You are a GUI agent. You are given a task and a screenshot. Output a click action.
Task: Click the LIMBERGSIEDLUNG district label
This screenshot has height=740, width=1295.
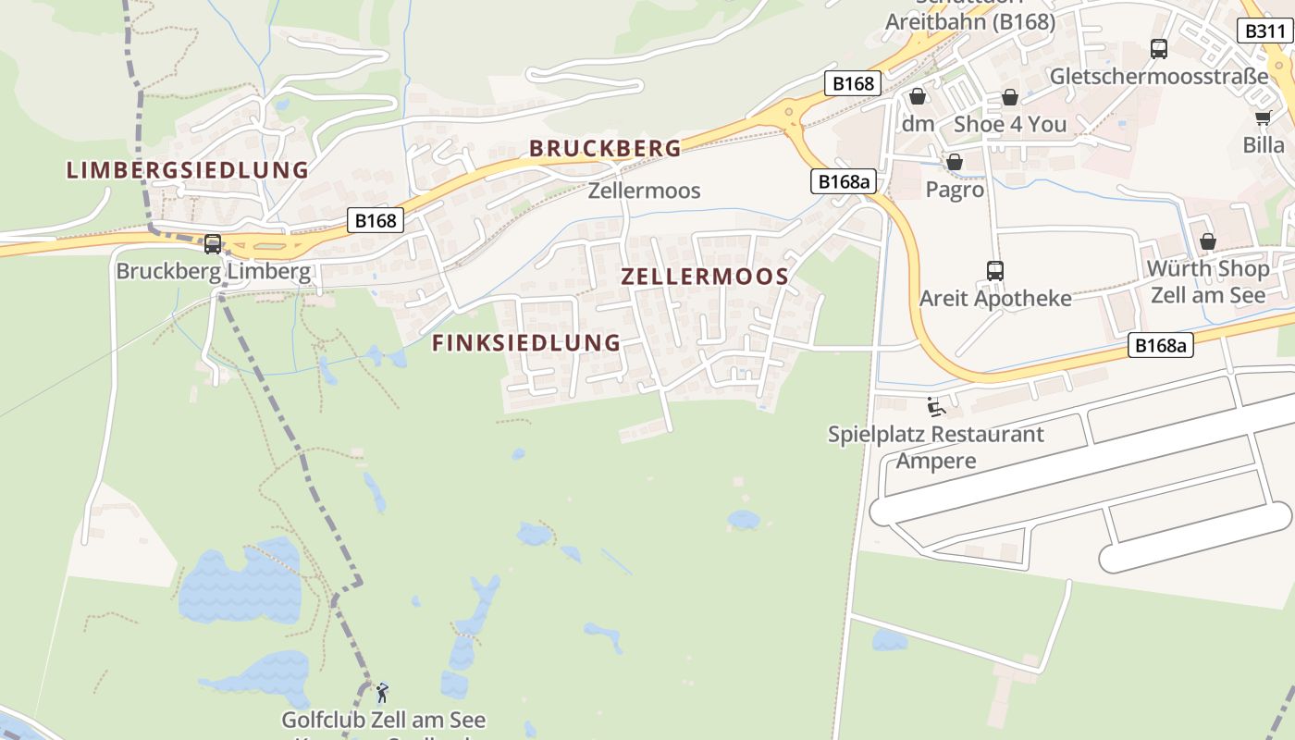coord(187,170)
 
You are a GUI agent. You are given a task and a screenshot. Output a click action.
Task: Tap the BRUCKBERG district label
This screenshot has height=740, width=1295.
coord(605,148)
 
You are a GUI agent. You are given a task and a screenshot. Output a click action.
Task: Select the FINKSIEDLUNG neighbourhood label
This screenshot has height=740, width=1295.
coord(526,342)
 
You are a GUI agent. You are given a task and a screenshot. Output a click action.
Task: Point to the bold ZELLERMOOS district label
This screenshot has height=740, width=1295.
coord(705,277)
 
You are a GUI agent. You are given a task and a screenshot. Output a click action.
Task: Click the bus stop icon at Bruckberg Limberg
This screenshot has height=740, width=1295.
coord(213,244)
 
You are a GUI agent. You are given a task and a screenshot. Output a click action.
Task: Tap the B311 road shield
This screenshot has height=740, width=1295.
coord(1264,31)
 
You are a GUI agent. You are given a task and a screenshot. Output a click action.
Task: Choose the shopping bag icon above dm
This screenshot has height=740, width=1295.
coord(918,96)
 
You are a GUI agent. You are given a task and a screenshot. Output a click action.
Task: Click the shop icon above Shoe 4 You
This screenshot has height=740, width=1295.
coord(1010,97)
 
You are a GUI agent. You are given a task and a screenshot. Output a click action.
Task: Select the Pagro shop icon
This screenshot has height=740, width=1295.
coord(955,163)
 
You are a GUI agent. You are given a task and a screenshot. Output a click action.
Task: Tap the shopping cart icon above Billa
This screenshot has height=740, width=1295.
coord(1264,117)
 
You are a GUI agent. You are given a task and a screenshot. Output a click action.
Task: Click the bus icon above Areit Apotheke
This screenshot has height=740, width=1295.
coord(995,271)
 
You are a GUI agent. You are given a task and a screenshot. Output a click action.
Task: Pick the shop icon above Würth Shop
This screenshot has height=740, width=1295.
coord(1208,242)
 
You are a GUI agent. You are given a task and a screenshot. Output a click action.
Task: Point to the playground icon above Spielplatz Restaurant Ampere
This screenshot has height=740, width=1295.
coord(935,406)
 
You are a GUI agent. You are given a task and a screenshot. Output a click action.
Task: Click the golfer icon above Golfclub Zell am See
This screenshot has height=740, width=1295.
coord(382,692)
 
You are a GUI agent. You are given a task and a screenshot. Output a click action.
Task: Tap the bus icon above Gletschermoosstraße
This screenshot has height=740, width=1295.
coord(1159,49)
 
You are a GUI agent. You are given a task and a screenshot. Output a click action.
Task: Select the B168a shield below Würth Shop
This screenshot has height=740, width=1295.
coord(1161,346)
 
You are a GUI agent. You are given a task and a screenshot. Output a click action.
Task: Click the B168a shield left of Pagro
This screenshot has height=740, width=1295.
coord(844,181)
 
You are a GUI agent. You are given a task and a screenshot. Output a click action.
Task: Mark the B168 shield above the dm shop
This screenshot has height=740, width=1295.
coord(852,83)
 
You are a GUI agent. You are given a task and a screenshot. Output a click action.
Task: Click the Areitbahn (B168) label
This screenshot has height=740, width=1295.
coord(969,22)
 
